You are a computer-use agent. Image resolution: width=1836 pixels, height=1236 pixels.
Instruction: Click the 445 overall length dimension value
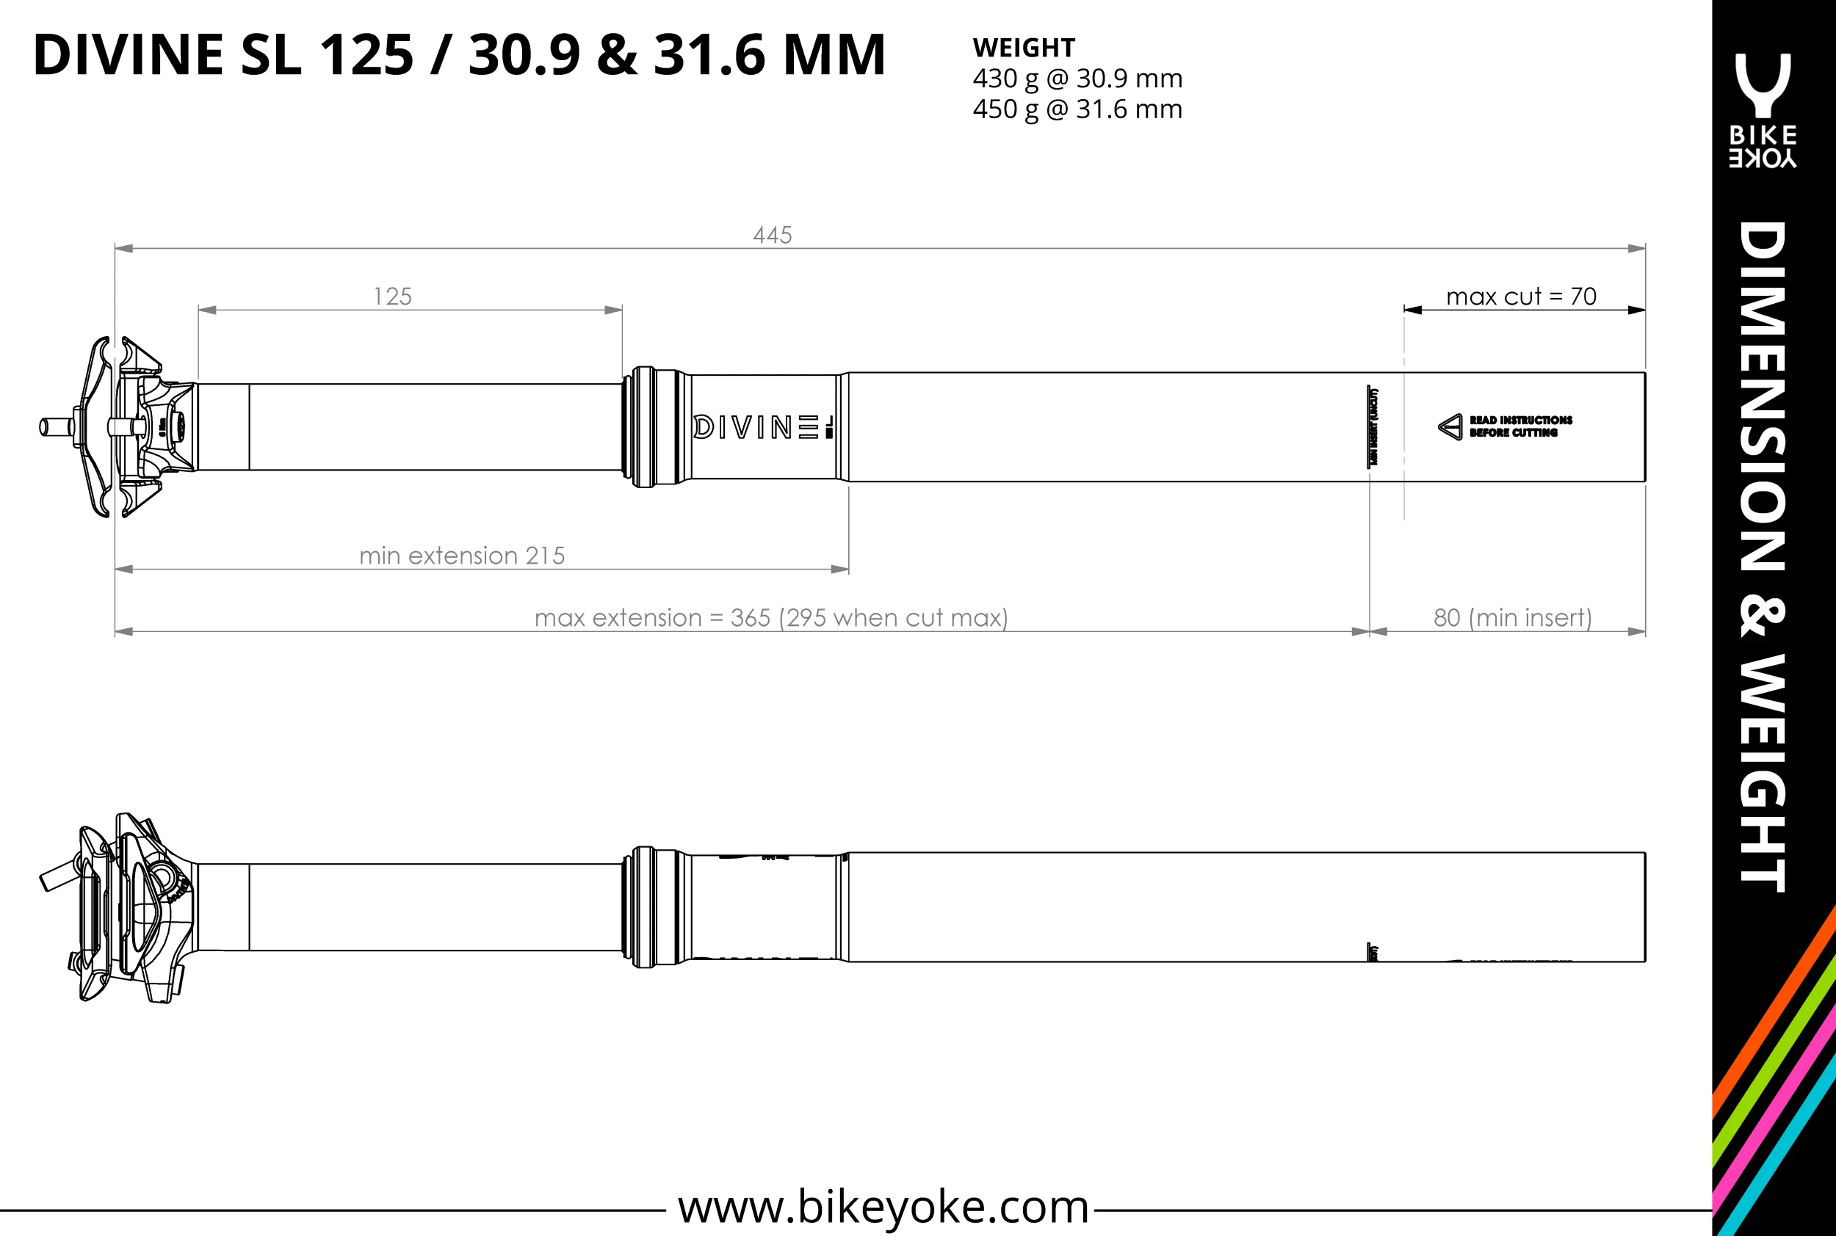[x=772, y=235]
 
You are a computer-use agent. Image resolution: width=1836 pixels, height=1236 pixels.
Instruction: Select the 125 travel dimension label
[x=393, y=297]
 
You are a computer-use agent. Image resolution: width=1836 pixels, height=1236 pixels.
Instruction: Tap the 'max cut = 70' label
[x=1520, y=297]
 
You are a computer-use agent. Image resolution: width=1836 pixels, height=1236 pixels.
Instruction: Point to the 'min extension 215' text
[x=462, y=556]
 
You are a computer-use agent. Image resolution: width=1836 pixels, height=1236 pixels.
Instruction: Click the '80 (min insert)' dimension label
[x=1512, y=617]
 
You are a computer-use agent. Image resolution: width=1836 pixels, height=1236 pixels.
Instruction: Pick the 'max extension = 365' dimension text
[x=770, y=617]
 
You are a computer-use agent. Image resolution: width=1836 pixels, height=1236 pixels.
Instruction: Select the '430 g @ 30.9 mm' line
[x=1077, y=79]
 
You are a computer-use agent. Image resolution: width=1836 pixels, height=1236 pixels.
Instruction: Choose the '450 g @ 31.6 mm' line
[x=1077, y=109]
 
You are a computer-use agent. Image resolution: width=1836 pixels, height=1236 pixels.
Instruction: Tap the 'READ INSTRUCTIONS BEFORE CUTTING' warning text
[x=1519, y=426]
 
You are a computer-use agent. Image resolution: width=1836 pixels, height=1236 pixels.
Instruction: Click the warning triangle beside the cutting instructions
[x=1450, y=426]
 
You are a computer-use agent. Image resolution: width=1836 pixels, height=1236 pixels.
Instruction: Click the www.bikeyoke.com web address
[x=883, y=1206]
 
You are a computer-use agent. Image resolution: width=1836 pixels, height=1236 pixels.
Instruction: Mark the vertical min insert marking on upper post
[x=1373, y=426]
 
